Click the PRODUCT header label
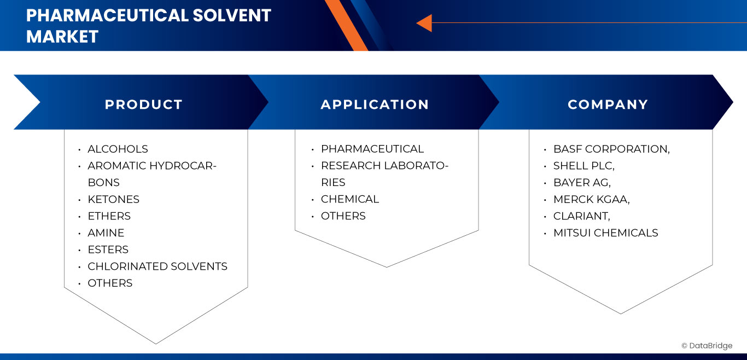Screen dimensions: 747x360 point(143,104)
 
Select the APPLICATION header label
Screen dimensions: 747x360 point(375,104)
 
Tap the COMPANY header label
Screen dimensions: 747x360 point(608,104)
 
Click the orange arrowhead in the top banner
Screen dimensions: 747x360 point(424,23)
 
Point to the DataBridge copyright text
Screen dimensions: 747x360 point(707,346)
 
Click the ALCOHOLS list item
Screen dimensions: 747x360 point(118,149)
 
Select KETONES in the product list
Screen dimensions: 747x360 point(113,199)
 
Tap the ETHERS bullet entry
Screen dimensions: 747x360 point(109,216)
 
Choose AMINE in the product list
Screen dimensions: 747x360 point(106,233)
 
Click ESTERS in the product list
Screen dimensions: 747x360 point(108,249)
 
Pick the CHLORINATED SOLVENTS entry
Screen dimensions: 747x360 point(157,266)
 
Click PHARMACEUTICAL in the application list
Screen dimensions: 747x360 point(372,149)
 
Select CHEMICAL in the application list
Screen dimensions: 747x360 point(350,199)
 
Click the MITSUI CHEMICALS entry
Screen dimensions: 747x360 point(605,233)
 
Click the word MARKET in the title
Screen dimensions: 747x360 point(62,36)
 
